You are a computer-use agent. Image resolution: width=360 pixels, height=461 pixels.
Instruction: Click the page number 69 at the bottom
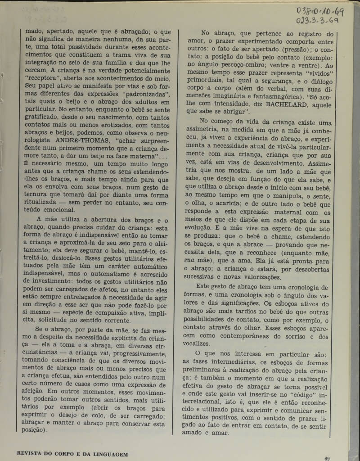(x=328, y=458)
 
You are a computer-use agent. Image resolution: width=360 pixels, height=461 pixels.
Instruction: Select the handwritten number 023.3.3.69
(x=318, y=21)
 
